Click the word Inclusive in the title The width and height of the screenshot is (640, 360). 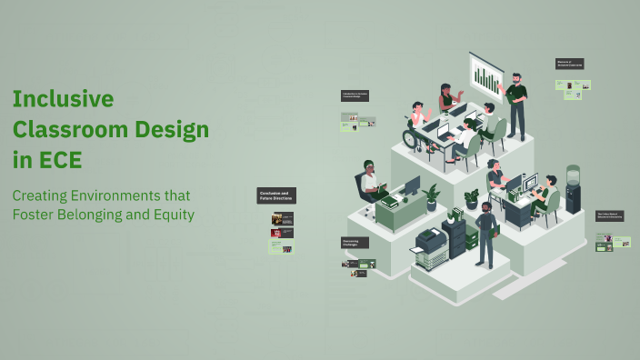63,98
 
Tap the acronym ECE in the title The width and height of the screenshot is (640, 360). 60,160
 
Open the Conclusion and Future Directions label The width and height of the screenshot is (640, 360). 276,195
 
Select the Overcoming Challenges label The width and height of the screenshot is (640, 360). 355,243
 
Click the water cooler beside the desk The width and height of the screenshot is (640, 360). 573,188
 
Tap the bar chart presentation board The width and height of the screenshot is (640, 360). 486,77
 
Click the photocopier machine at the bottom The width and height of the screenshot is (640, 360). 430,247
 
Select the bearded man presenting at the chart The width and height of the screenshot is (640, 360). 515,105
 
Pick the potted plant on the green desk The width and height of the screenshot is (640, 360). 431,196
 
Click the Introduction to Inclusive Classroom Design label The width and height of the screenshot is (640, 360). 355,95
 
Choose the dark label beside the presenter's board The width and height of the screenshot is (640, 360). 570,64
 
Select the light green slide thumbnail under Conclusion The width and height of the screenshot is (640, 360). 283,246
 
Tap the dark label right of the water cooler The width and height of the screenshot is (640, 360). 609,215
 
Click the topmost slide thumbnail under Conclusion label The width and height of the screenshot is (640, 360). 283,219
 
